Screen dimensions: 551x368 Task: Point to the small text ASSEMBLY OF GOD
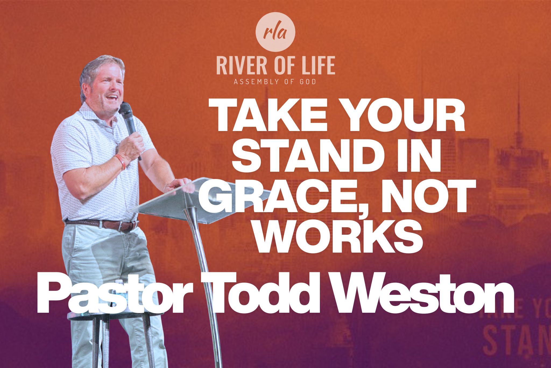coord(275,81)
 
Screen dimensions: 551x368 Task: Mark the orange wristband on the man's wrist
coord(121,161)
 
